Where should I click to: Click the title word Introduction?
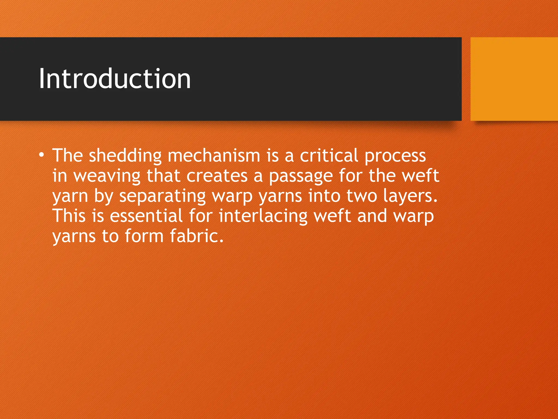click(115, 79)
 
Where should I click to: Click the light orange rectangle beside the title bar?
click(514, 79)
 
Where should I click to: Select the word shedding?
click(125, 155)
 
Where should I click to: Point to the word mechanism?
click(214, 155)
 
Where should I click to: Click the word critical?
click(329, 155)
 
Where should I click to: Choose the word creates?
click(217, 176)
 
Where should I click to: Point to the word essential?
click(146, 216)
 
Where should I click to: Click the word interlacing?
click(263, 216)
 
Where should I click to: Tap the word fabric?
click(196, 236)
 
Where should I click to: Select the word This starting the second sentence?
click(69, 216)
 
